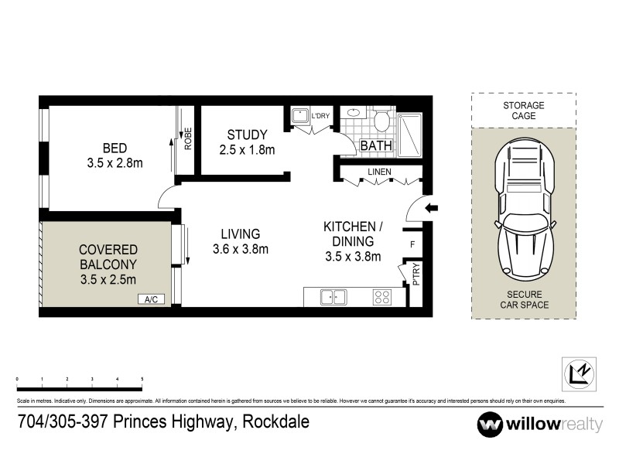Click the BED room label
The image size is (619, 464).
(x=115, y=155)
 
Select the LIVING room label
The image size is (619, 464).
(x=240, y=241)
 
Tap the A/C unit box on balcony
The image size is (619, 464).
(x=151, y=299)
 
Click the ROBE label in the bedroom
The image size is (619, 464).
(x=187, y=138)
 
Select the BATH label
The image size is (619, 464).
(x=377, y=145)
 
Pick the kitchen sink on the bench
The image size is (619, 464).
(x=334, y=296)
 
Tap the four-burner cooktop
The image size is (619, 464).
(x=382, y=296)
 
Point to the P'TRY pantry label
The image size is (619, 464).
(x=416, y=275)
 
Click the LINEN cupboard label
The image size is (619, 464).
(x=379, y=171)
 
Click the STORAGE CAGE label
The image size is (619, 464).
(x=523, y=110)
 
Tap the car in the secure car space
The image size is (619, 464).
(x=524, y=211)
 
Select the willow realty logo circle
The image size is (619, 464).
(x=490, y=424)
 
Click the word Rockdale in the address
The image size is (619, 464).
(x=276, y=422)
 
